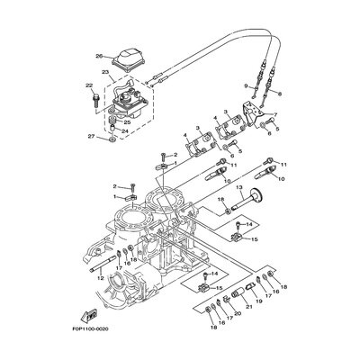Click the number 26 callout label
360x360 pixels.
99,56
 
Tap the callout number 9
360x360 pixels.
243,85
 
